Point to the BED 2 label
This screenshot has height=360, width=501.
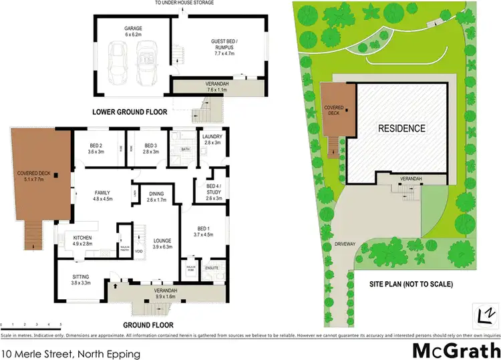(96, 148)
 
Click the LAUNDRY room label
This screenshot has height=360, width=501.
(212, 139)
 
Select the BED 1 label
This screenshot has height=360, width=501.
(202, 230)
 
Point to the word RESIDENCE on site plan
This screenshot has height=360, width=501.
(402, 128)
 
